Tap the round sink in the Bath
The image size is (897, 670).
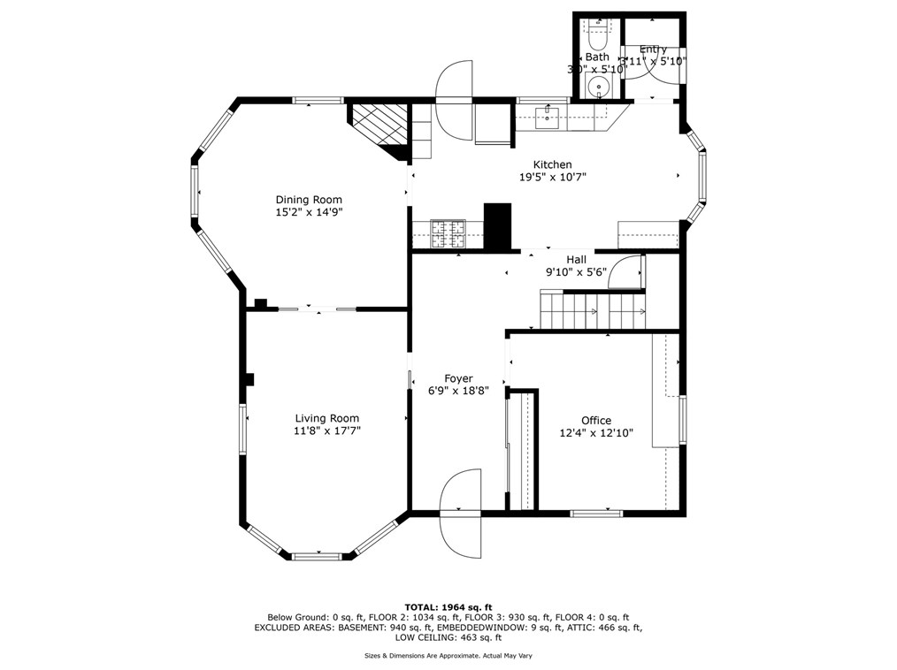pos(600,87)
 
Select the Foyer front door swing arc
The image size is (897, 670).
pos(459,513)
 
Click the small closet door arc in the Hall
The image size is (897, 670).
pos(629,271)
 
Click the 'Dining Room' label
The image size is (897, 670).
pos(308,200)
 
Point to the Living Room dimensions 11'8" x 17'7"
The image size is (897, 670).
pos(327,431)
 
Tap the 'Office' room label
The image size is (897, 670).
pos(595,421)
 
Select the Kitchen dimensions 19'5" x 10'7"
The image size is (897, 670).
pos(552,177)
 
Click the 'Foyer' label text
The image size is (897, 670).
pos(458,378)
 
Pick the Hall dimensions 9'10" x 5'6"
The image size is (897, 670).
pos(576,272)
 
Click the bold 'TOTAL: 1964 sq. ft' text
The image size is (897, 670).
pos(448,607)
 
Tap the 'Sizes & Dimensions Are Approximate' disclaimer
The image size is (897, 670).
pos(448,656)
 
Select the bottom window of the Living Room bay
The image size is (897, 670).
pos(317,556)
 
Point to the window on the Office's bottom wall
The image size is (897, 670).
pos(595,513)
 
